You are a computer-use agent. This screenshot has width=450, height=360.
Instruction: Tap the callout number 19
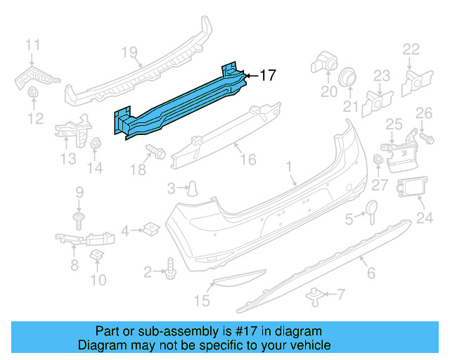(x=128, y=51)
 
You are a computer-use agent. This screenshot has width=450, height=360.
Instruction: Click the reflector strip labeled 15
(x=236, y=279)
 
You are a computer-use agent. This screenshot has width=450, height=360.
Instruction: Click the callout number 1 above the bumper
(x=288, y=165)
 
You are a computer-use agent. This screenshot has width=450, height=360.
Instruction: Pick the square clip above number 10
(x=98, y=254)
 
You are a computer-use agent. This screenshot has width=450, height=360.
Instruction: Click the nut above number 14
(x=95, y=144)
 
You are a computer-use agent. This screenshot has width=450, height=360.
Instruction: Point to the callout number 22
(x=411, y=49)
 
